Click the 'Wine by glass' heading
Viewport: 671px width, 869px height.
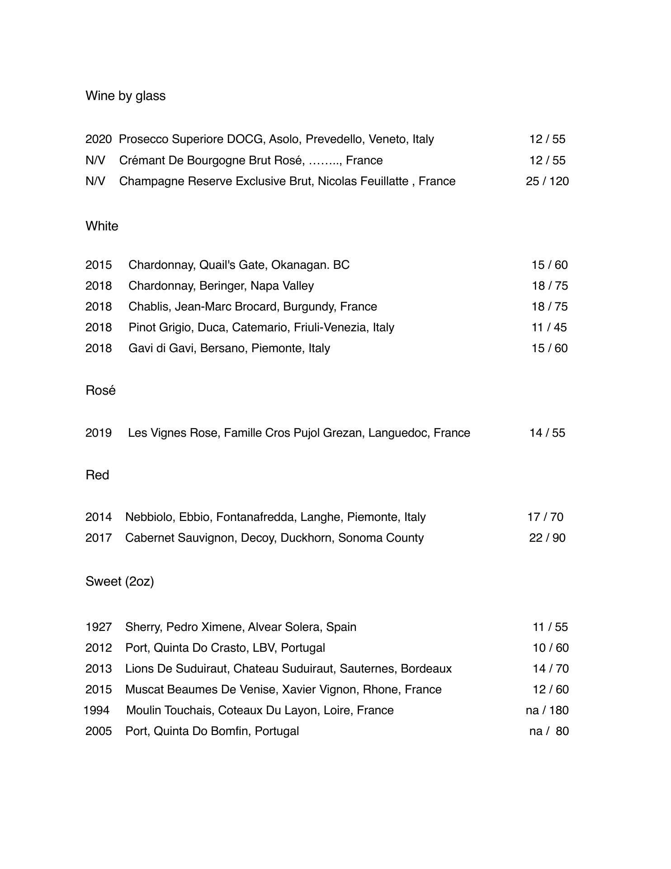[x=125, y=96]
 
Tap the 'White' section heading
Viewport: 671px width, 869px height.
[x=102, y=226]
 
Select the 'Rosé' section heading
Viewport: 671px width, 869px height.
[x=100, y=390]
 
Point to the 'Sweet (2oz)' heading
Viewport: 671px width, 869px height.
[x=119, y=582]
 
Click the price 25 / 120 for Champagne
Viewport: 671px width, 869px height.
[x=547, y=181]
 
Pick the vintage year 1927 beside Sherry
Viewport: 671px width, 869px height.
[x=99, y=627]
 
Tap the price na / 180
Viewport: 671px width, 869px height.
[x=547, y=711]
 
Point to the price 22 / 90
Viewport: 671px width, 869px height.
[x=547, y=538]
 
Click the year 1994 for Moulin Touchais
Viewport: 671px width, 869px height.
[x=96, y=711]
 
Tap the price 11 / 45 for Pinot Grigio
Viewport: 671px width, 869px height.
[x=549, y=328]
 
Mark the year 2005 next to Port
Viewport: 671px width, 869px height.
[x=99, y=731]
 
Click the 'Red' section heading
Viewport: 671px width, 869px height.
[x=97, y=475]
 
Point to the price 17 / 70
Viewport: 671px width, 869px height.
[x=545, y=517]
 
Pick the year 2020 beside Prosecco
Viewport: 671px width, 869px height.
[x=99, y=139]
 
